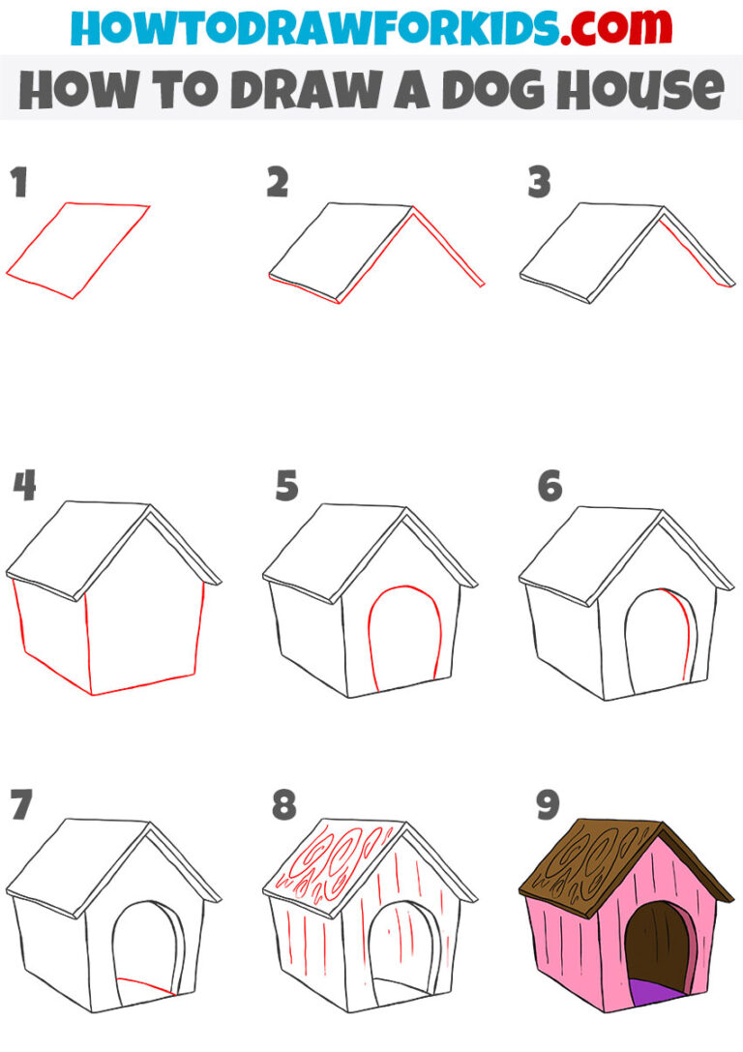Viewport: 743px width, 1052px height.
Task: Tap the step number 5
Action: pyautogui.click(x=286, y=486)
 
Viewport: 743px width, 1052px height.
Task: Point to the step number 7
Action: pyautogui.click(x=22, y=803)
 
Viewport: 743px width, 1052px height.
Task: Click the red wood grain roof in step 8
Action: pyautogui.click(x=339, y=861)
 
